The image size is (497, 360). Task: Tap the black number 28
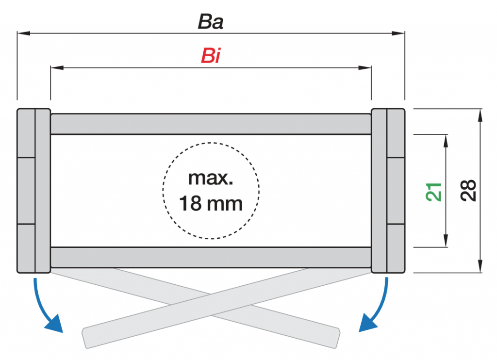[468, 191]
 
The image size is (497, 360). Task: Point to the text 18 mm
[211, 203]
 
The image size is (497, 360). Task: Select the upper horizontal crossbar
[211, 124]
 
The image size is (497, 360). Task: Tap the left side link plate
[33, 190]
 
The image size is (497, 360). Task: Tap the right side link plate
[388, 190]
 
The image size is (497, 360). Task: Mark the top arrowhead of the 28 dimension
[480, 115]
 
